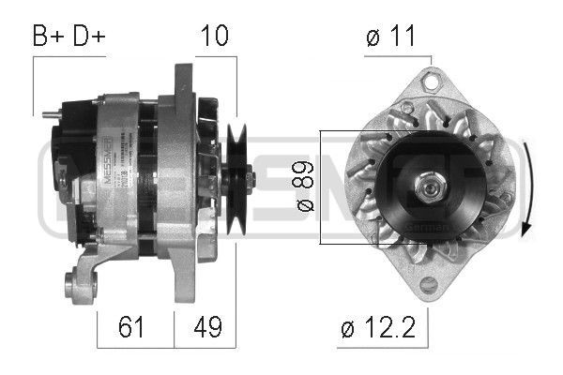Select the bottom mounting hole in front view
[428, 285]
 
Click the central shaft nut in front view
[429, 187]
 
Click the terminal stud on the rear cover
[47, 114]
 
